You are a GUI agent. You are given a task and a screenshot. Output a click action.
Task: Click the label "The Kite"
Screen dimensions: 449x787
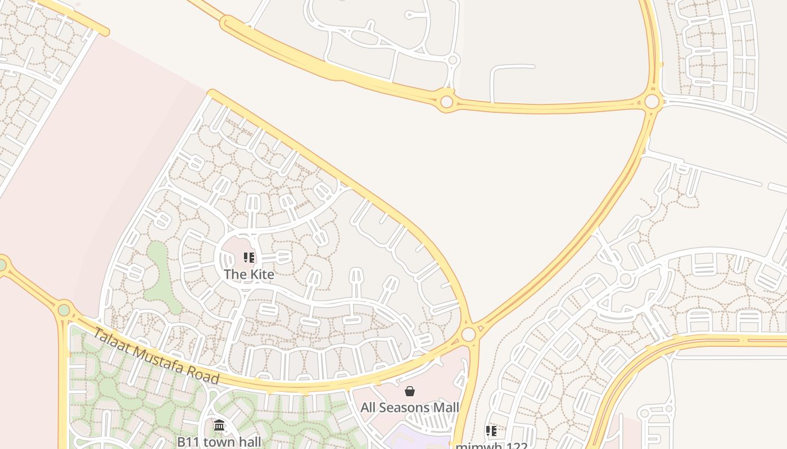(249, 274)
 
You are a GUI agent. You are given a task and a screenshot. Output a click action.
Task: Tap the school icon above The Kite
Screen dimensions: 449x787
(249, 258)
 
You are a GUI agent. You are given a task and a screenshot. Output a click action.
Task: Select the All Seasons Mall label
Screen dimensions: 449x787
(410, 407)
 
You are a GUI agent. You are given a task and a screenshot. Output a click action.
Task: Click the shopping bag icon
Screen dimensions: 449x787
(410, 391)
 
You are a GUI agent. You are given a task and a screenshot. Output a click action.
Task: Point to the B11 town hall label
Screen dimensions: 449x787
(219, 442)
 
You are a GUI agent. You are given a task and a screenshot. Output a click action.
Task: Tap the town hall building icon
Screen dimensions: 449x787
(219, 425)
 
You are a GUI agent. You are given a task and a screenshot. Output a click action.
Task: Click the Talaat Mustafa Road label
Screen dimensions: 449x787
(155, 356)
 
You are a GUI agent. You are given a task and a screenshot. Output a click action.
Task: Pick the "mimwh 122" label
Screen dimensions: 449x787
(491, 446)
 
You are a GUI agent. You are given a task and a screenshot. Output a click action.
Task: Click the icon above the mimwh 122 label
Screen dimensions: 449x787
(491, 431)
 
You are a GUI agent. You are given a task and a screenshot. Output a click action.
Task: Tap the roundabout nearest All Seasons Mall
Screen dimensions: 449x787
(468, 335)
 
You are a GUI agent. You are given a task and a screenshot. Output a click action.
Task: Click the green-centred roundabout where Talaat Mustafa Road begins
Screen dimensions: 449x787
(64, 310)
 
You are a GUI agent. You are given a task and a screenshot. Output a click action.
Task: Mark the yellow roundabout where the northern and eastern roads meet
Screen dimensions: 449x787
(652, 102)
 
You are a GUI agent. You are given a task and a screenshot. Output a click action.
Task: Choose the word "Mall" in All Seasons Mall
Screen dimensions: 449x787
(445, 407)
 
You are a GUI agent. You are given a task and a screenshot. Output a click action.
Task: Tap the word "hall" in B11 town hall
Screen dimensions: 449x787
(249, 442)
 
